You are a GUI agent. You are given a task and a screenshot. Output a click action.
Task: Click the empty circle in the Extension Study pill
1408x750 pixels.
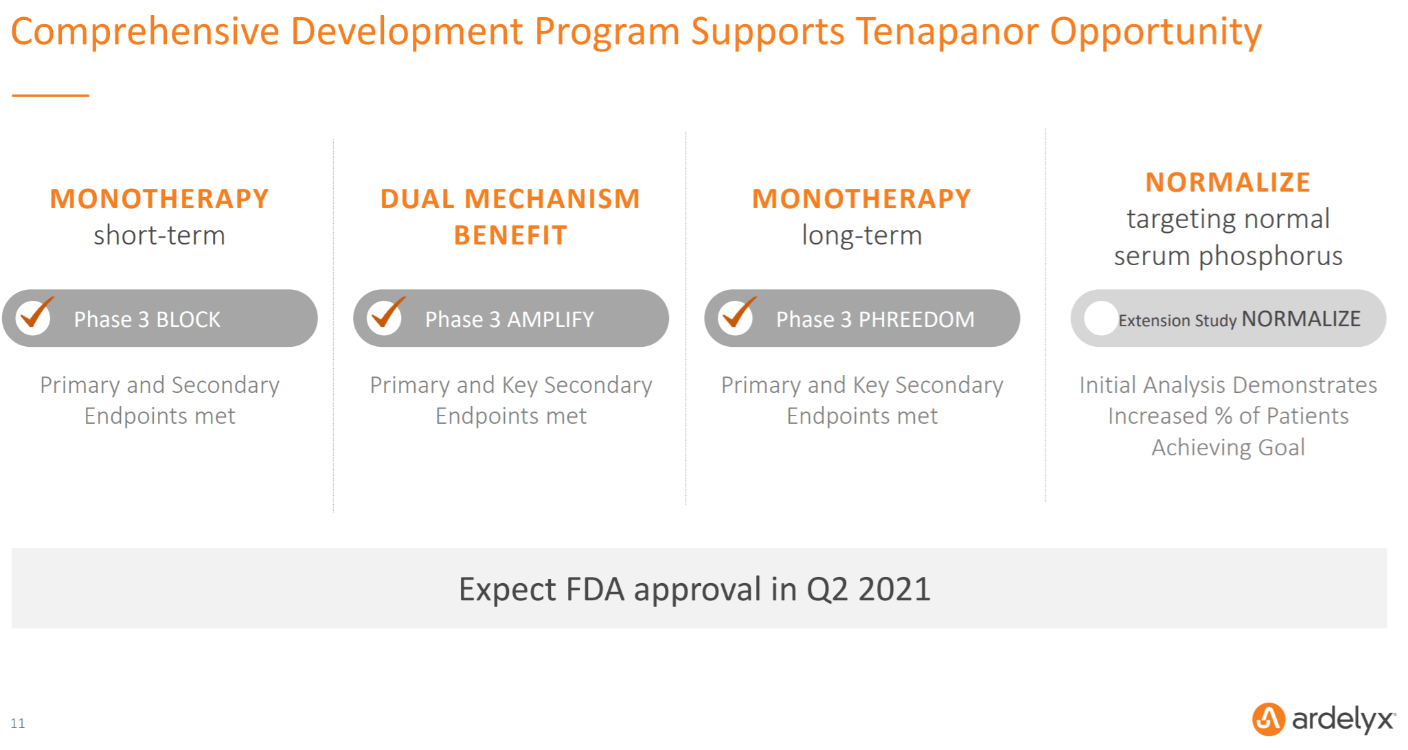(x=1101, y=319)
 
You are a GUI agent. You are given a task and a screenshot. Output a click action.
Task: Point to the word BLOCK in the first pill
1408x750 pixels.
(x=188, y=319)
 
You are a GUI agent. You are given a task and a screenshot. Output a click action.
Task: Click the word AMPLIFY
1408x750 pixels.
(x=550, y=319)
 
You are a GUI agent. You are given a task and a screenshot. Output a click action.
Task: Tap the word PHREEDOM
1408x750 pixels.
(x=916, y=319)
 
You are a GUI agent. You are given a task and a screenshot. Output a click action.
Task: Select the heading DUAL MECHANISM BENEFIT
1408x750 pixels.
(x=510, y=217)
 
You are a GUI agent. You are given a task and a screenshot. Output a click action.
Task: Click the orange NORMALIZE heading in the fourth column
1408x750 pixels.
(x=1228, y=183)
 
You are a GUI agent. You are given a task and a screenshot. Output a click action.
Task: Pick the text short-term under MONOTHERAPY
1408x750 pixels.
(x=159, y=236)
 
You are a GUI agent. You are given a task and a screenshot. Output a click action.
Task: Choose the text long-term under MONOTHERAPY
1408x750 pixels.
(x=862, y=236)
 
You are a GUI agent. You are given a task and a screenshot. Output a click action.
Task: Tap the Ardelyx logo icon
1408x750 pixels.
(x=1269, y=719)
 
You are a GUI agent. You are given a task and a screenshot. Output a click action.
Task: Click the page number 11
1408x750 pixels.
(x=18, y=723)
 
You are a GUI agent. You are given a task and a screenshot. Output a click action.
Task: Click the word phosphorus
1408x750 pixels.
(x=1271, y=257)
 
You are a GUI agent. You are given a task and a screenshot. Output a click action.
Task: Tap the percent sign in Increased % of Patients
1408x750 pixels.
(x=1223, y=416)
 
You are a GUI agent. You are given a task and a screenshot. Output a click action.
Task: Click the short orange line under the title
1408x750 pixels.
(x=51, y=95)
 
